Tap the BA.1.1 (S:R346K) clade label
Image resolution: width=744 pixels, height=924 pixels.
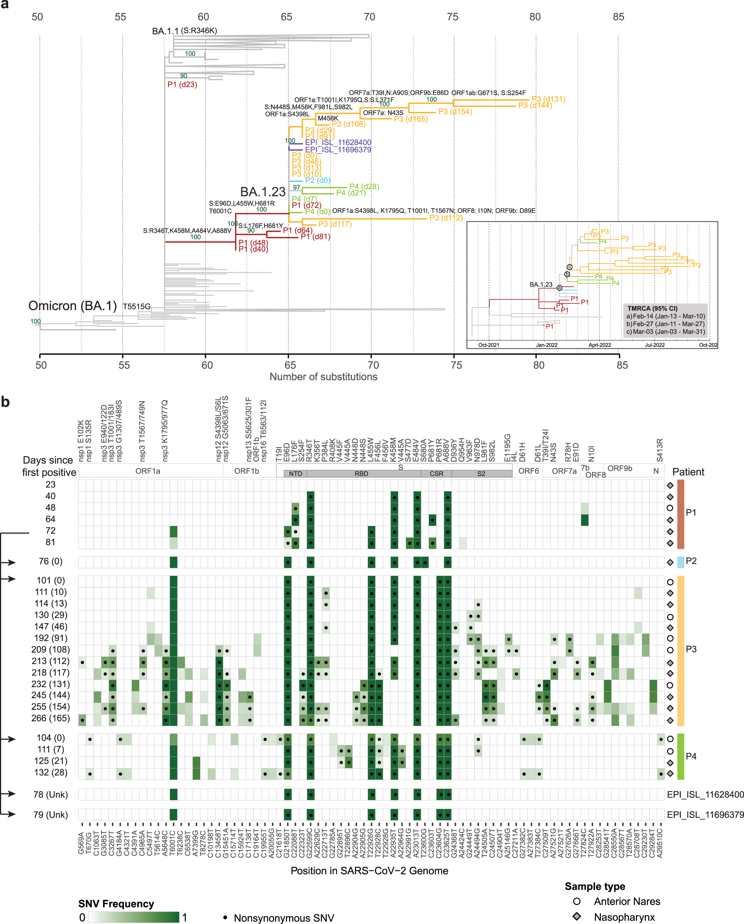coord(184,31)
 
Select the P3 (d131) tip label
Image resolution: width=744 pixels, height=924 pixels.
coord(548,99)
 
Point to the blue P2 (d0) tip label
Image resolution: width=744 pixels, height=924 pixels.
coord(318,180)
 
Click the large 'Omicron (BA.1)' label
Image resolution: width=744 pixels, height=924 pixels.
coord(72,306)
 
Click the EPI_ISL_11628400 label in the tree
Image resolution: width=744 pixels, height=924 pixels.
coord(338,142)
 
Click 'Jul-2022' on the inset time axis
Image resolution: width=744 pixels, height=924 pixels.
coord(654,345)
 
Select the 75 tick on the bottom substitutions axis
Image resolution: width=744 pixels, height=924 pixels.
coord(456,365)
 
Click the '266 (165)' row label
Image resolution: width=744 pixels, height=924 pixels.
coord(51,718)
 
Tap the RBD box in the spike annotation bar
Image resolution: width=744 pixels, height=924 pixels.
coord(361,474)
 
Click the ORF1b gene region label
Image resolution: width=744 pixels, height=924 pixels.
coord(246,471)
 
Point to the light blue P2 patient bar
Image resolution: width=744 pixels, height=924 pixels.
coord(680,562)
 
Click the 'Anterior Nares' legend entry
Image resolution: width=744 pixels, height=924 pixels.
coord(627,901)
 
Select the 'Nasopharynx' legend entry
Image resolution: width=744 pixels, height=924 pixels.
coord(624,917)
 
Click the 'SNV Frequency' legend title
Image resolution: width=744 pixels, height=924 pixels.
coord(116,904)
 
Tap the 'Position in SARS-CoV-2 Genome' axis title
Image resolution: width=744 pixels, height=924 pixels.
coord(369,870)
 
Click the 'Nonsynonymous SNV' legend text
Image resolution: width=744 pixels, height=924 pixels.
coord(284,918)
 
